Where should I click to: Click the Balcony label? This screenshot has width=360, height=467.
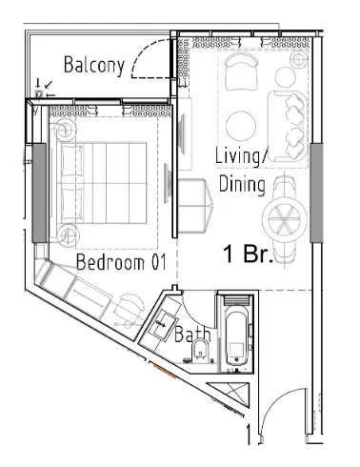[x=94, y=65]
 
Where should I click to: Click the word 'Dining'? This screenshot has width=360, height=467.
[x=242, y=185]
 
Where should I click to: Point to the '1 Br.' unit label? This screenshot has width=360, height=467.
[x=248, y=255]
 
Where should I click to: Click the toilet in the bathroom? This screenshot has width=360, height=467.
[x=199, y=355]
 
